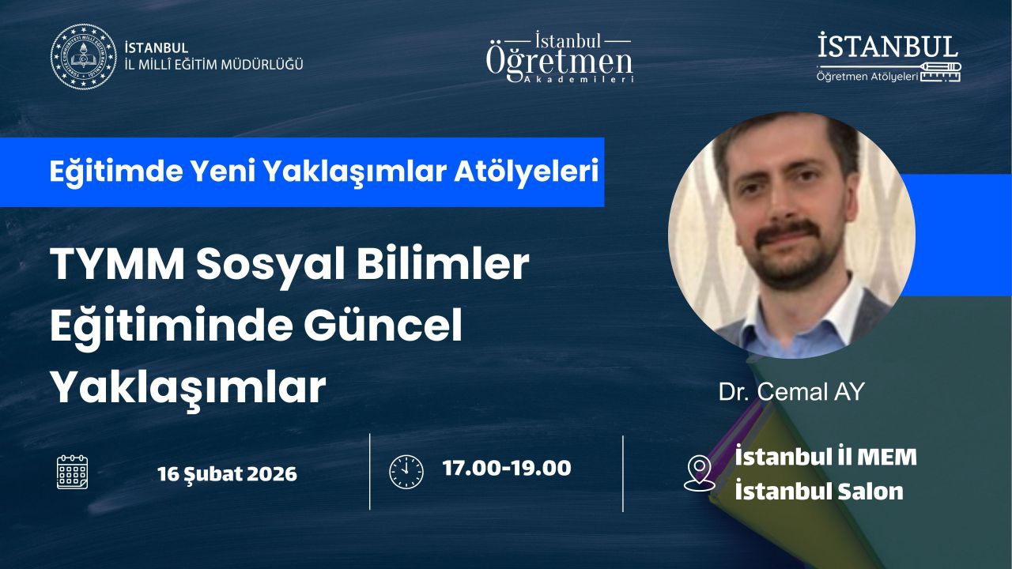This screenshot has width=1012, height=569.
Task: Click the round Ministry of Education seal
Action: (84, 56)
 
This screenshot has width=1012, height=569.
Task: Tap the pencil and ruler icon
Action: (940, 72)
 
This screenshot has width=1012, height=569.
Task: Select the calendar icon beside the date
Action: (72, 472)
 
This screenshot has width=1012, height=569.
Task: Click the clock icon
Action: (406, 472)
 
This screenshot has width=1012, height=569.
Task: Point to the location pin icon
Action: (700, 473)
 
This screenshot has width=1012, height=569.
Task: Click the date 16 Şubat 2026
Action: (227, 474)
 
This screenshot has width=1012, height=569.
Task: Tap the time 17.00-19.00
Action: (507, 468)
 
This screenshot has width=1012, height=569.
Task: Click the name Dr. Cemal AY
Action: (791, 391)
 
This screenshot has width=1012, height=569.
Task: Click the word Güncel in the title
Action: (383, 325)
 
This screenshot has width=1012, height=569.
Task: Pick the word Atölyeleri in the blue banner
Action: (527, 171)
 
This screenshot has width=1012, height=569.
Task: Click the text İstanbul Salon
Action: (819, 492)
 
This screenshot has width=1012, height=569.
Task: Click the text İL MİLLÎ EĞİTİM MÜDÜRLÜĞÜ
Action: (213, 65)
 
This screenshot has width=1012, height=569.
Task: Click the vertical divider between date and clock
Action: (369, 472)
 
